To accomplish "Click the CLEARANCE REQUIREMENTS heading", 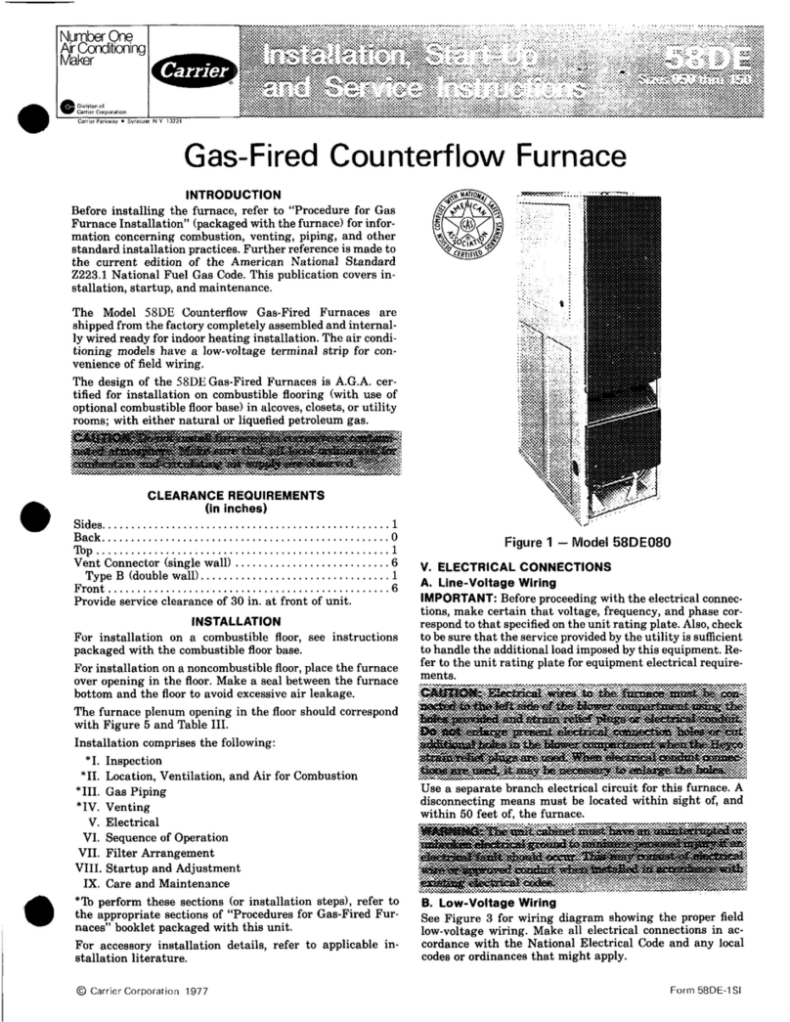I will click(x=226, y=495).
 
